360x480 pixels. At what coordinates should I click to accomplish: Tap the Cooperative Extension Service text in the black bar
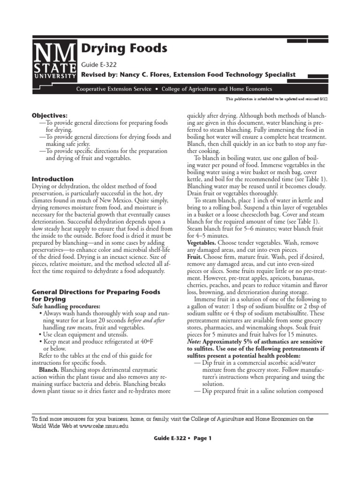[x=114, y=89]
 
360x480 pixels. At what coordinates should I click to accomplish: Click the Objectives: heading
[x=49, y=115]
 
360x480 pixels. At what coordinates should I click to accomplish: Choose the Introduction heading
[x=52, y=179]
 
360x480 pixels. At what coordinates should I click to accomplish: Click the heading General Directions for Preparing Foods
[x=96, y=292]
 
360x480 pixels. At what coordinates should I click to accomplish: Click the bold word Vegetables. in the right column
[x=202, y=243]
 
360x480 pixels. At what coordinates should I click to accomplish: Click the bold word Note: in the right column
[x=195, y=342]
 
